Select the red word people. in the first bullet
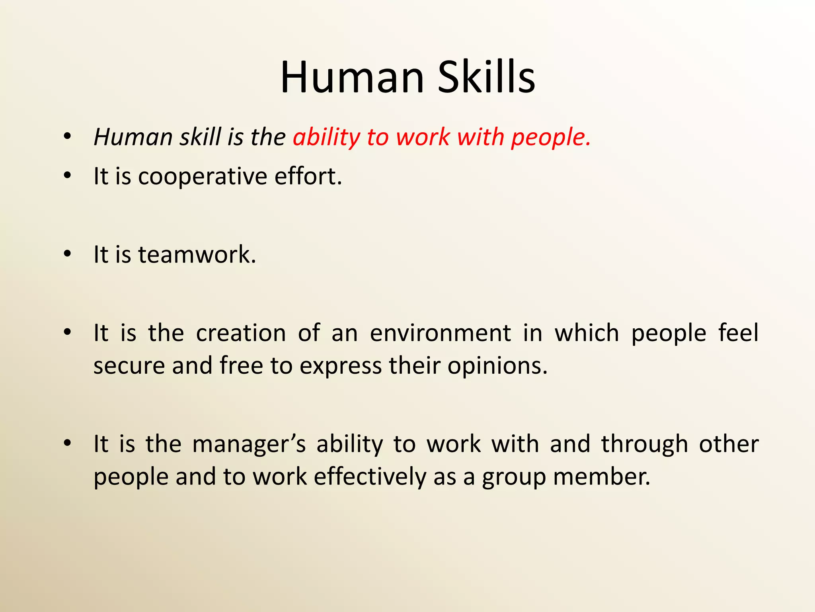[551, 137]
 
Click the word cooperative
[203, 177]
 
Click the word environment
[440, 333]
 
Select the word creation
[241, 333]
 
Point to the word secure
[129, 366]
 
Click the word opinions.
[497, 366]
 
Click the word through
[644, 444]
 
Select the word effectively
[370, 477]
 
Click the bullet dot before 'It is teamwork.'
[67, 254]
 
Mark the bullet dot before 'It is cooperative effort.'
[67, 175]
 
